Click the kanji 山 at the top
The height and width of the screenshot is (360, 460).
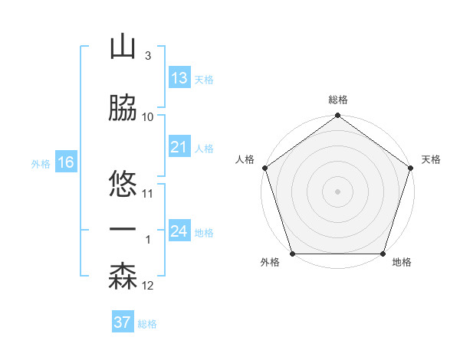pyautogui.click(x=123, y=47)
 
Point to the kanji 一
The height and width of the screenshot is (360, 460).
pyautogui.click(x=123, y=230)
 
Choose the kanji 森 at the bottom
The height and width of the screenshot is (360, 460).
pyautogui.click(x=123, y=277)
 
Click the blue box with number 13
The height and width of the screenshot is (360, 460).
pyautogui.click(x=179, y=79)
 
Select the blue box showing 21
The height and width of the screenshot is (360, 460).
pyautogui.click(x=179, y=147)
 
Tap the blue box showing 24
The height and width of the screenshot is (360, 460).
pyautogui.click(x=179, y=231)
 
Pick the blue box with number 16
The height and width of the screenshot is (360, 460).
pyautogui.click(x=65, y=162)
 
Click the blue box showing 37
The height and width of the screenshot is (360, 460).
pyautogui.click(x=123, y=322)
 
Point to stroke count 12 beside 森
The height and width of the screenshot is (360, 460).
pyautogui.click(x=148, y=286)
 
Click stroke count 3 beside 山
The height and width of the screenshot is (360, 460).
pyautogui.click(x=147, y=57)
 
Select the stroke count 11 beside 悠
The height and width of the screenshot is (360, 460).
pyautogui.click(x=148, y=194)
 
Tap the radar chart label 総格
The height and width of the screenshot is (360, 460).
pyautogui.click(x=338, y=100)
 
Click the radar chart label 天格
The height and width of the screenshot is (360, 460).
pyautogui.click(x=431, y=159)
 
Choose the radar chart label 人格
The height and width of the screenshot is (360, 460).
pyautogui.click(x=245, y=159)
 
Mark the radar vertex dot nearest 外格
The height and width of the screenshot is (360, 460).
pyautogui.click(x=292, y=254)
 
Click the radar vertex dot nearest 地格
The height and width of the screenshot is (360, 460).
pyautogui.click(x=383, y=254)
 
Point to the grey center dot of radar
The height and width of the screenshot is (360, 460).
pyautogui.click(x=337, y=191)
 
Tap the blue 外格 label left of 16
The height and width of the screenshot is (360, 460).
pyautogui.click(x=41, y=163)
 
